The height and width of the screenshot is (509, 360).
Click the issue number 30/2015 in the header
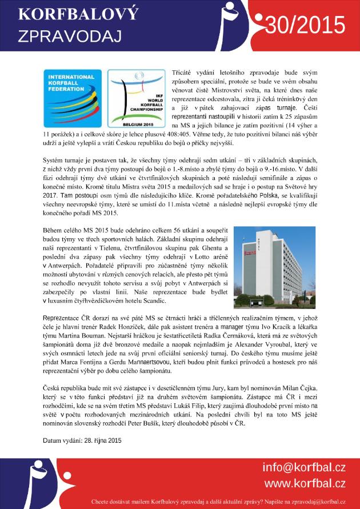tap(305, 25)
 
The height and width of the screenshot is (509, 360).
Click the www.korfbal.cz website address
tap(304, 483)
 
